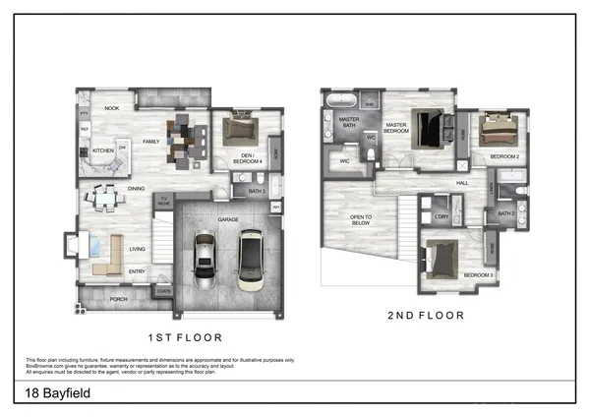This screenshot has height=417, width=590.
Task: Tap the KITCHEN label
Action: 103,150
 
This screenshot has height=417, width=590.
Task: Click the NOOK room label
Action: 113,108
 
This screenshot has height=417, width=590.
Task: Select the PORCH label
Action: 118,299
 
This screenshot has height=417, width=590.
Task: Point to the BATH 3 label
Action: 258,191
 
